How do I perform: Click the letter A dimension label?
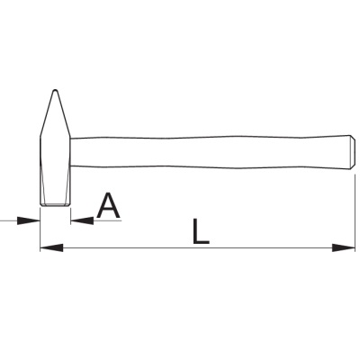[x=108, y=206]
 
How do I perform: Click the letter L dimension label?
[x=201, y=230]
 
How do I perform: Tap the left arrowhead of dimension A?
[x=29, y=220]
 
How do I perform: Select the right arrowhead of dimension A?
[x=82, y=220]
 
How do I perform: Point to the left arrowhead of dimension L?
[x=51, y=247]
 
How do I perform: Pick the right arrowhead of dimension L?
[x=344, y=247]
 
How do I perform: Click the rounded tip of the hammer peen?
[x=55, y=91]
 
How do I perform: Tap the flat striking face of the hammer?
[x=55, y=205]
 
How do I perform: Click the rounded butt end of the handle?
[x=353, y=152]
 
